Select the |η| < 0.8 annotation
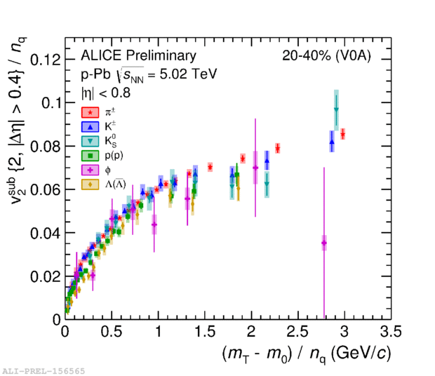105,92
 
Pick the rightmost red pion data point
342,134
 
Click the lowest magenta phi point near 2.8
324,243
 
